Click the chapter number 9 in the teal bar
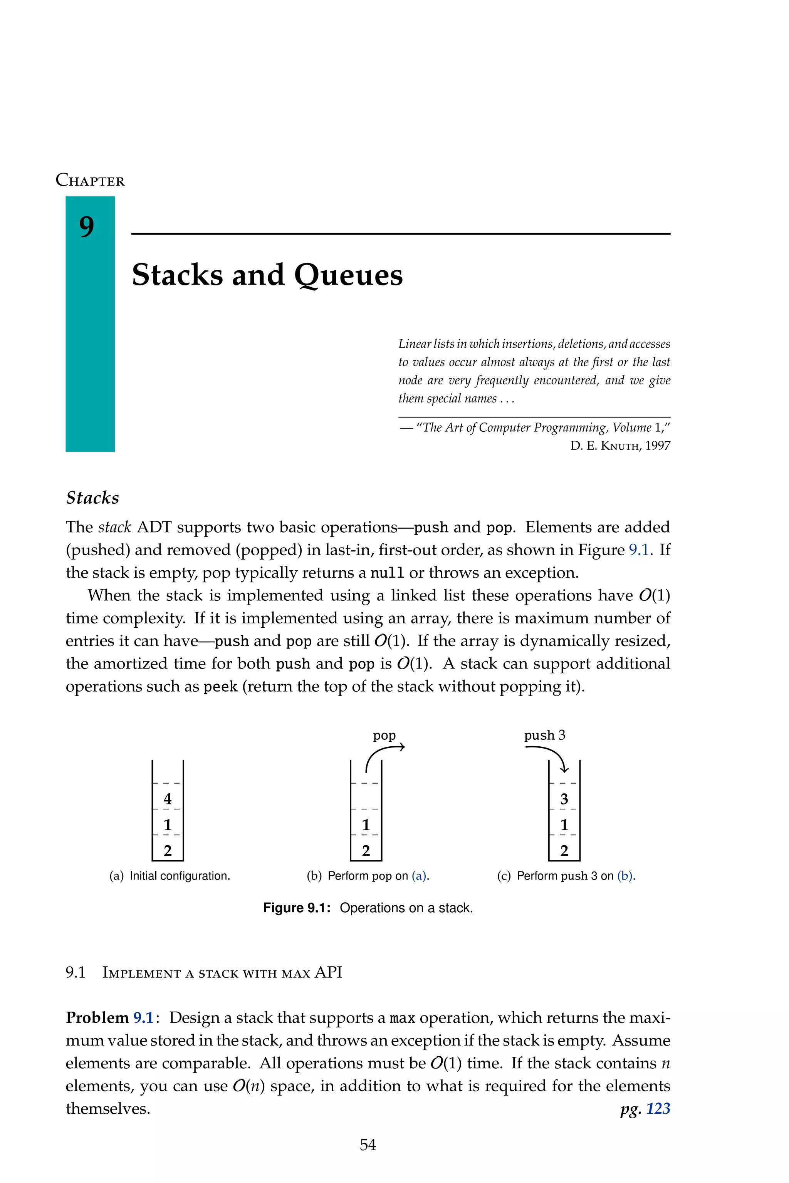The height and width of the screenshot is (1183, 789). point(87,227)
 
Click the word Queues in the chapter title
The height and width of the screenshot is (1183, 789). point(348,276)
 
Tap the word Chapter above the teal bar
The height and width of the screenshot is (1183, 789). point(90,180)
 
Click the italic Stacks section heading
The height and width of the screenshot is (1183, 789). point(92,498)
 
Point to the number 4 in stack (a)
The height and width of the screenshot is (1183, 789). point(168,799)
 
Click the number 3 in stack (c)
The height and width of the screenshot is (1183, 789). point(564,799)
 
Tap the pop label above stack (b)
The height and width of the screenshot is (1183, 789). point(384,736)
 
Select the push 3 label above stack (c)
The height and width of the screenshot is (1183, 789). point(544,736)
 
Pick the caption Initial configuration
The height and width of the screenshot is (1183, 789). point(180,876)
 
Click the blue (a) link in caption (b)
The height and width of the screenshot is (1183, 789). point(419,876)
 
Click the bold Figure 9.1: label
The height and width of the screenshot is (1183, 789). point(296,908)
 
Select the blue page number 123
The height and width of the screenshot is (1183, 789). point(658,1109)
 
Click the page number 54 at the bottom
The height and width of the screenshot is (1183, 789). point(368,1145)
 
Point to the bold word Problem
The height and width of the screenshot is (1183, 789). point(97,1017)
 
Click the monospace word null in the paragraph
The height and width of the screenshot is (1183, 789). point(387,573)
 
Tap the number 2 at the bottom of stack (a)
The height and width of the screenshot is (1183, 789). point(168,851)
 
